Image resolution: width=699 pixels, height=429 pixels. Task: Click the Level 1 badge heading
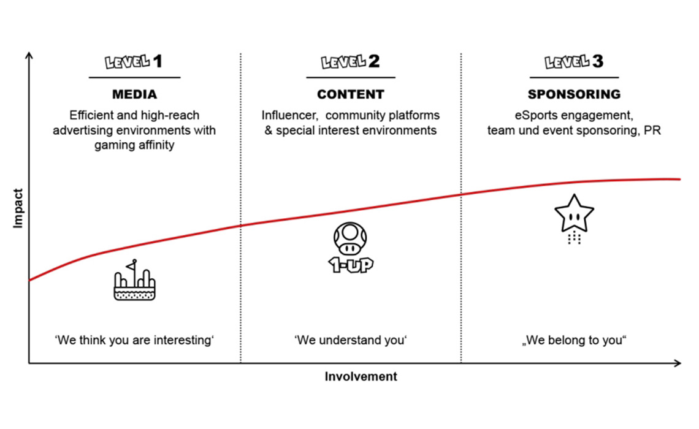coord(134,61)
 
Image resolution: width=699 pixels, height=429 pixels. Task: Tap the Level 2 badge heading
coord(350,61)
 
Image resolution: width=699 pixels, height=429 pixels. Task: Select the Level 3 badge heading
coord(574,61)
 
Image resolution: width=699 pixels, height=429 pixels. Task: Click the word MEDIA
coord(134,94)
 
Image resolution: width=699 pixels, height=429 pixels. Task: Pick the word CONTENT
coord(350,94)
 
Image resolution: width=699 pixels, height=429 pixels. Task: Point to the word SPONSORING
coord(574,94)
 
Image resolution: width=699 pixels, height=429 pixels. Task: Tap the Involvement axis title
coord(361,376)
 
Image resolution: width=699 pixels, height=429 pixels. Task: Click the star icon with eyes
coord(574,214)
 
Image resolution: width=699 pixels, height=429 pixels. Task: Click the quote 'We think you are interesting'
coord(134,340)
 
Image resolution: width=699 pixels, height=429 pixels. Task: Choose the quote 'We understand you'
coord(350,340)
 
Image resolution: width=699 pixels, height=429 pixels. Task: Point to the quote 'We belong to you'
coord(574,340)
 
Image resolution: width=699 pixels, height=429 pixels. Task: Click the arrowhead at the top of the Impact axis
coord(29,57)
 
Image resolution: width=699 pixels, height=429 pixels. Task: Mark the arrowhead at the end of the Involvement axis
coord(678,363)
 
